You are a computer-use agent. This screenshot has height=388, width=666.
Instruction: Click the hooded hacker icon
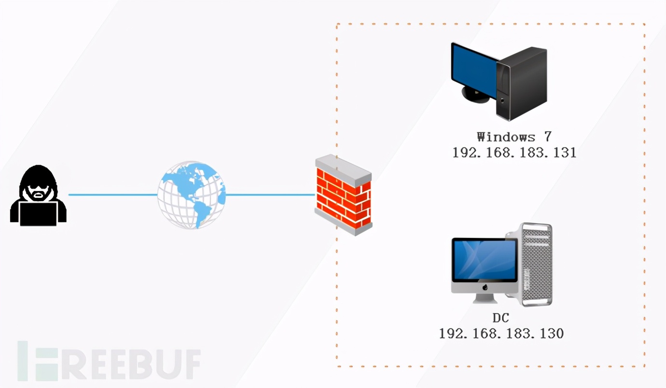pyautogui.click(x=38, y=195)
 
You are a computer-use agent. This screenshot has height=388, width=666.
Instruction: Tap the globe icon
pyautogui.click(x=192, y=195)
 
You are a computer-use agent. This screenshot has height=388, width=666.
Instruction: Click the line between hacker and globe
pyautogui.click(x=113, y=195)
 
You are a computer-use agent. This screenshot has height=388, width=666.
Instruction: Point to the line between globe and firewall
pyautogui.click(x=270, y=195)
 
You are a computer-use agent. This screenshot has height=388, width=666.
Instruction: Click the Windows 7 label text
pyautogui.click(x=513, y=137)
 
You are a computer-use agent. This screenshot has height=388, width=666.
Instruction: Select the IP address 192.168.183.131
pyautogui.click(x=514, y=152)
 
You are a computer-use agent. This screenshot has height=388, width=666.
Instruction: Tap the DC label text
pyautogui.click(x=501, y=318)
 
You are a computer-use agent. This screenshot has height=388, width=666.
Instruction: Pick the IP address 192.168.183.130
pyautogui.click(x=501, y=333)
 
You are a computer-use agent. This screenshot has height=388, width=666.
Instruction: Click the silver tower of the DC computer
pyautogui.click(x=536, y=265)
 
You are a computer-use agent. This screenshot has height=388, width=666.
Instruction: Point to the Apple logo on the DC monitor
pyautogui.click(x=485, y=288)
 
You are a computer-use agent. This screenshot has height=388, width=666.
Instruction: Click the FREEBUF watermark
pyautogui.click(x=109, y=361)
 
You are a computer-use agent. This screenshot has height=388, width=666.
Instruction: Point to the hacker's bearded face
pyautogui.click(x=38, y=191)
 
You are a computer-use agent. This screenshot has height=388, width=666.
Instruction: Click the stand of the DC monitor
pyautogui.click(x=485, y=299)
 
